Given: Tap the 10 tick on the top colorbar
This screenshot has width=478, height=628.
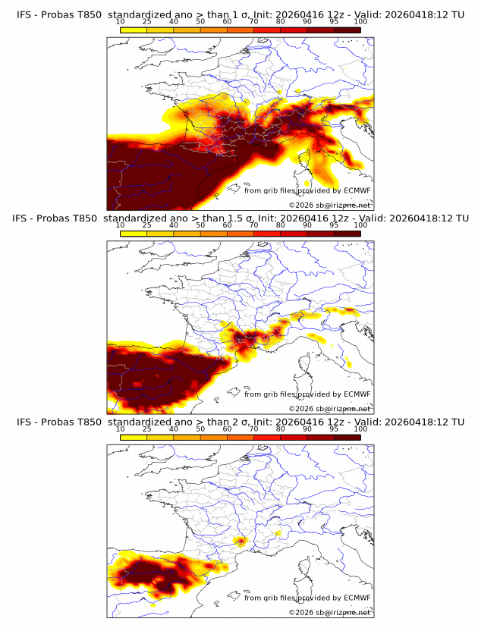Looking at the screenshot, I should [x=121, y=21].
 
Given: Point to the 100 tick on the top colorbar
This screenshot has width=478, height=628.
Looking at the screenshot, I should [x=360, y=21].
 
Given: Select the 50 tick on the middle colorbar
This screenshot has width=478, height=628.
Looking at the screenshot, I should [x=200, y=225].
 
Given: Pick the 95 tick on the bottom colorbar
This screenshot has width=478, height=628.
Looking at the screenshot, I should [x=334, y=429].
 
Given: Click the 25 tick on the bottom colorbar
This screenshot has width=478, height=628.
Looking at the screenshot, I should [x=147, y=429].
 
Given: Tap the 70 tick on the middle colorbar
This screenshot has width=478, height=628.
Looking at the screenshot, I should [x=253, y=225].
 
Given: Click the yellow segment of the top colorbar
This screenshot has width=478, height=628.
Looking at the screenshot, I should [x=134, y=30].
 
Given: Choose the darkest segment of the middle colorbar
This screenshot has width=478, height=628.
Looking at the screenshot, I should [x=347, y=234].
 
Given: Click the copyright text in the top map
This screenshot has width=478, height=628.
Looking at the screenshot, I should [x=329, y=206].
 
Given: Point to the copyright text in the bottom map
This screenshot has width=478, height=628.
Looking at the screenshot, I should [x=329, y=612].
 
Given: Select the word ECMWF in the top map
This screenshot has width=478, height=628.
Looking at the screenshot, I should [x=357, y=190].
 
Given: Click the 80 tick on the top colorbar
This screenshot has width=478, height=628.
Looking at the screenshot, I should [x=281, y=21].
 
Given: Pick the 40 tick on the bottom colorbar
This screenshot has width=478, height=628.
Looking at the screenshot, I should [x=174, y=429].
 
